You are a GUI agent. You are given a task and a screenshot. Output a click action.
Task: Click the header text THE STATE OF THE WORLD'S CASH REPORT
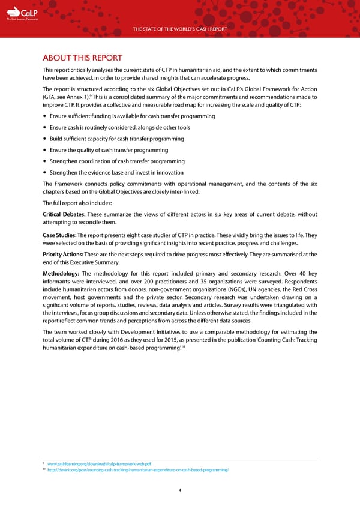tap(179, 29)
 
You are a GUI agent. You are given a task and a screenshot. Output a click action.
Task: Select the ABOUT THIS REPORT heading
tap(82, 58)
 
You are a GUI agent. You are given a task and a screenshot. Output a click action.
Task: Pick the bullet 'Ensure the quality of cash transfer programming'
tap(109, 150)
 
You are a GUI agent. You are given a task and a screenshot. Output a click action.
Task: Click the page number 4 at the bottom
tap(180, 489)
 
